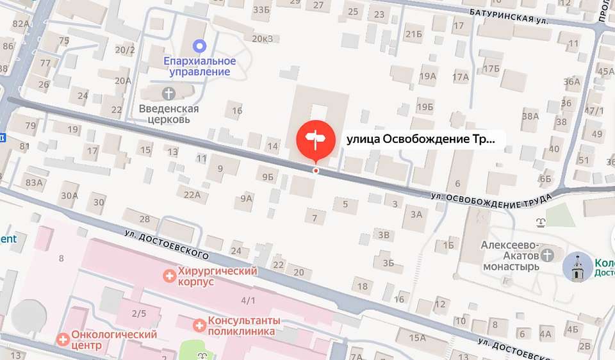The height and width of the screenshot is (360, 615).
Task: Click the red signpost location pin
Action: [x=315, y=138]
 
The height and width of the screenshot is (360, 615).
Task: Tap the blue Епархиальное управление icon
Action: [x=200, y=46]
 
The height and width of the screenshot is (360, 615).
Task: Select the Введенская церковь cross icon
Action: [x=169, y=94]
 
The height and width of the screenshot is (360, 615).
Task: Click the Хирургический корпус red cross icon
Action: [x=169, y=276]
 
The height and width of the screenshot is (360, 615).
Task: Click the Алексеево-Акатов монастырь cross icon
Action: [x=547, y=256]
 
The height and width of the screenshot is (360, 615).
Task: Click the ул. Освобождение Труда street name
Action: [x=491, y=199]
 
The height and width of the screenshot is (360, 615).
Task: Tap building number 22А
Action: [x=192, y=195]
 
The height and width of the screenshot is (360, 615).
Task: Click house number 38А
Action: [x=530, y=116]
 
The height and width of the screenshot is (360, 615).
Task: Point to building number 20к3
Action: [x=263, y=38]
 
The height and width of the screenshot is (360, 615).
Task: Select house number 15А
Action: [x=418, y=338]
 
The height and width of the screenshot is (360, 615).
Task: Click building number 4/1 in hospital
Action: [x=248, y=300]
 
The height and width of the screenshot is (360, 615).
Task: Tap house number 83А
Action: [x=34, y=183]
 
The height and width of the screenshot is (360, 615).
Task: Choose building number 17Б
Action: [x=491, y=69]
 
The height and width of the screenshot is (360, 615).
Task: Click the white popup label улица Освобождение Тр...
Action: [x=421, y=139]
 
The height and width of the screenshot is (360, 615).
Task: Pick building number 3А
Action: [x=416, y=214]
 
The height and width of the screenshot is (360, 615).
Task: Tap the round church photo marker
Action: [x=578, y=267]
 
